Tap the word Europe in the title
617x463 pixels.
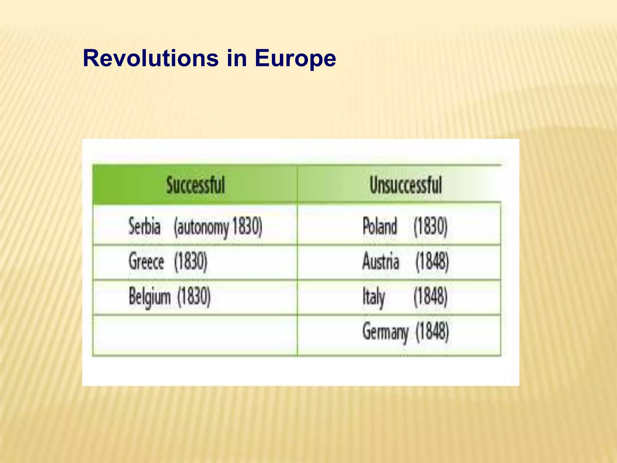(x=295, y=59)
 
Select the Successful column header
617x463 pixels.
(x=196, y=185)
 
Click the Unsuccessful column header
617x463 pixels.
(x=406, y=185)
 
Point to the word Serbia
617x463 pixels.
(x=144, y=226)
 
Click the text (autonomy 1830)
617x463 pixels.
(x=218, y=227)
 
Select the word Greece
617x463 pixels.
(x=146, y=261)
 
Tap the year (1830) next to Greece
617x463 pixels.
(x=191, y=261)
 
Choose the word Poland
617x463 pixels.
(x=380, y=226)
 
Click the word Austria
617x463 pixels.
(x=381, y=261)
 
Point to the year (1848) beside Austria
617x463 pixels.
(x=432, y=261)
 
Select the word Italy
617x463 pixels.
(x=374, y=297)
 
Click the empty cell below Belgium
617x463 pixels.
(x=195, y=335)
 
